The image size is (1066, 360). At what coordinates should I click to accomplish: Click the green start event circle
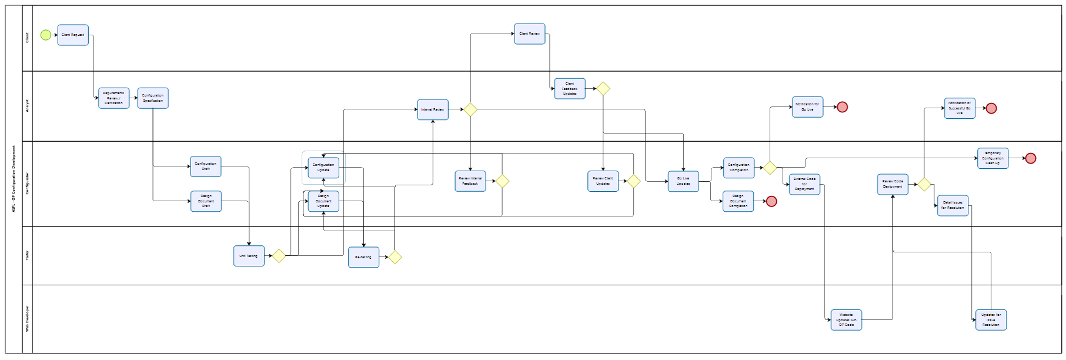pyautogui.click(x=46, y=35)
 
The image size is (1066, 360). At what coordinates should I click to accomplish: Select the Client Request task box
pyautogui.click(x=73, y=35)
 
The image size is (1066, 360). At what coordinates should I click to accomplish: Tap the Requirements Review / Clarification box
pyautogui.click(x=113, y=98)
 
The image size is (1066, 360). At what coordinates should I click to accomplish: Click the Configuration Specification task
pyautogui.click(x=153, y=98)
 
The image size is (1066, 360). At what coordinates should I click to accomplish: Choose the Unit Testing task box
pyautogui.click(x=249, y=256)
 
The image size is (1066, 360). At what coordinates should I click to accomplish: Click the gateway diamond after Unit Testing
pyautogui.click(x=279, y=256)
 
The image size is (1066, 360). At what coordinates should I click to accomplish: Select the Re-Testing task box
pyautogui.click(x=363, y=257)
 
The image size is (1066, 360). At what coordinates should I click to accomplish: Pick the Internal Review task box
pyautogui.click(x=433, y=109)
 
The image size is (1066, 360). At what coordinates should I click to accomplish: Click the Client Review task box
pyautogui.click(x=529, y=34)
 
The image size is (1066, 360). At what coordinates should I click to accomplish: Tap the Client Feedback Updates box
pyautogui.click(x=570, y=89)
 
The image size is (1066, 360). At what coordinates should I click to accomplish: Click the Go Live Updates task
pyautogui.click(x=683, y=181)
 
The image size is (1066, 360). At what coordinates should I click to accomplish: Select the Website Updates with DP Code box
pyautogui.click(x=846, y=320)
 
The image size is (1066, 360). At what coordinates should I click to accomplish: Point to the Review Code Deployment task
pyautogui.click(x=893, y=184)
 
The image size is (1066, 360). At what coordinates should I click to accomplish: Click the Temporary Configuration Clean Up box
pyautogui.click(x=993, y=158)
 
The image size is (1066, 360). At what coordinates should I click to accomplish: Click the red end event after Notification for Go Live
pyautogui.click(x=842, y=107)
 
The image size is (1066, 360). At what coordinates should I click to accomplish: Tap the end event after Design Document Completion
pyautogui.click(x=771, y=201)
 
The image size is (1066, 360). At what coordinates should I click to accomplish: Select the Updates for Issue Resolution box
pyautogui.click(x=991, y=320)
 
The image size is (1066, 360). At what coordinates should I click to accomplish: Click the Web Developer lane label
pyautogui.click(x=27, y=319)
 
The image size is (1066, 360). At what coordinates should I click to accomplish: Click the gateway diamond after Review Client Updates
pyautogui.click(x=633, y=181)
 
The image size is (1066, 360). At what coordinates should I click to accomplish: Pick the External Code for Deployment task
pyautogui.click(x=804, y=184)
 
